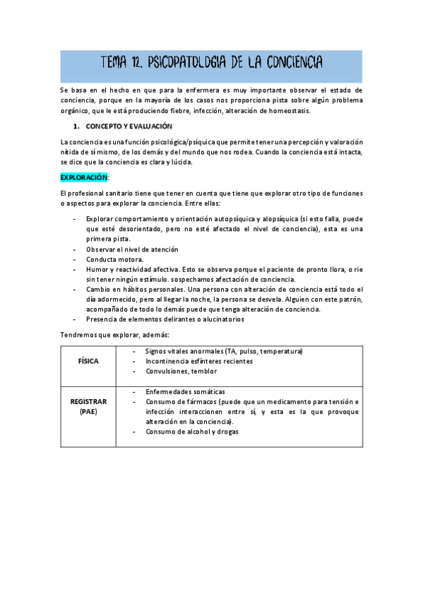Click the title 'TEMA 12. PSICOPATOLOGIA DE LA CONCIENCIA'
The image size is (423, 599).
(x=212, y=65)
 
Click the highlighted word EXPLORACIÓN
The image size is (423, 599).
(x=84, y=177)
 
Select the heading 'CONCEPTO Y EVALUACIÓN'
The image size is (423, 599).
(x=129, y=126)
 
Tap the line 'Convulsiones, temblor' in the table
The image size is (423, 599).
(x=181, y=371)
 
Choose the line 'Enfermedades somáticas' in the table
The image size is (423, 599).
(x=185, y=391)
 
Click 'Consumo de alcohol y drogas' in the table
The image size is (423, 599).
(x=192, y=432)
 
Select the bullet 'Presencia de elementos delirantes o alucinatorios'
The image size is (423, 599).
(x=165, y=319)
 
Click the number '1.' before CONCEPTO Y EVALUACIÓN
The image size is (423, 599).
(x=77, y=126)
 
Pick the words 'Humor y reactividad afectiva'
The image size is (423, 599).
(x=131, y=269)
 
